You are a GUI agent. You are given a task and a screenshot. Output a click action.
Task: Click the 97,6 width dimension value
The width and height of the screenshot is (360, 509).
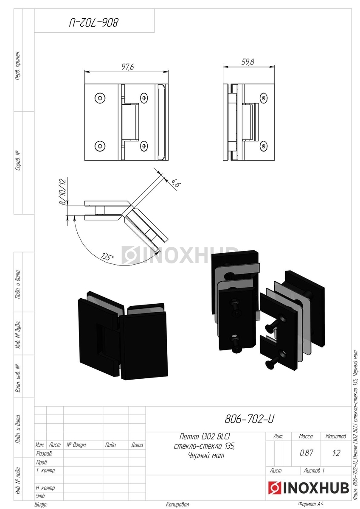tap(128, 67)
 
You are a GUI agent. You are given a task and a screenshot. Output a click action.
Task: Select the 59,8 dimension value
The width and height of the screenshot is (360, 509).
tap(247, 62)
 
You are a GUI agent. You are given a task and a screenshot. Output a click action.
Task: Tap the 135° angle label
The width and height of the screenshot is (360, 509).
tap(107, 257)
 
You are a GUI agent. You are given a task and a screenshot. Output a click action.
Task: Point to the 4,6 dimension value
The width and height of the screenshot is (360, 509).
tap(176, 183)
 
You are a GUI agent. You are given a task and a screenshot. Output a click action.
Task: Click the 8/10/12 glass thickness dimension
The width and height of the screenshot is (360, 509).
tap(63, 192)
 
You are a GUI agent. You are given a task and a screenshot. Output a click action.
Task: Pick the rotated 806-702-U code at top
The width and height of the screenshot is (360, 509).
tap(94, 23)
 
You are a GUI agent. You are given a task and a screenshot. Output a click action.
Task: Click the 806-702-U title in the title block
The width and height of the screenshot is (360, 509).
tap(249, 419)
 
